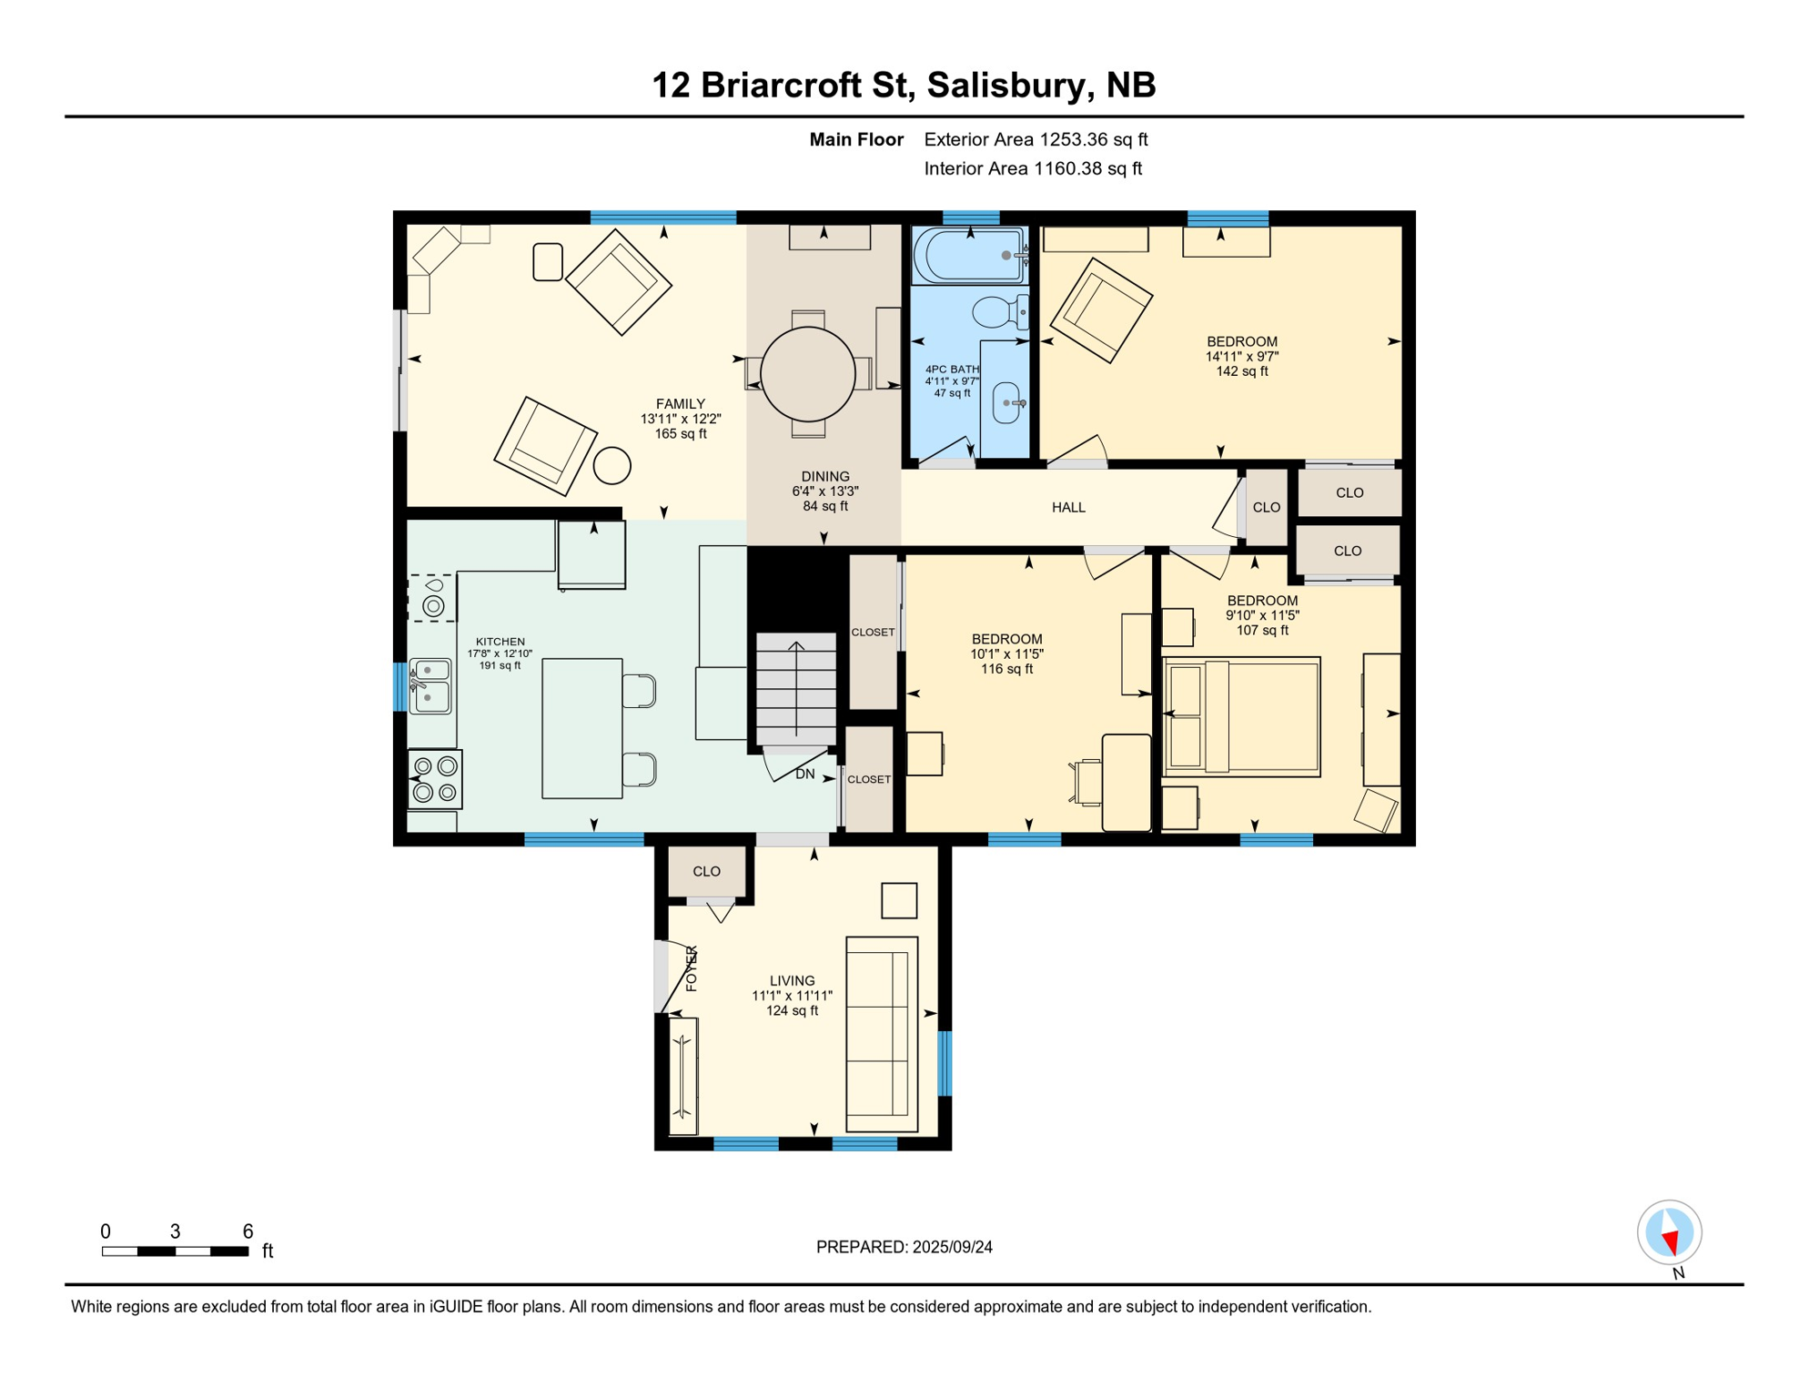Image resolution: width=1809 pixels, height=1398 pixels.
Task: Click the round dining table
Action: (x=807, y=374)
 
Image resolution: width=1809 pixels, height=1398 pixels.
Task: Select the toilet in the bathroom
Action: (x=998, y=312)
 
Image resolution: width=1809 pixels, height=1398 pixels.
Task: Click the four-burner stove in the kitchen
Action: (x=435, y=779)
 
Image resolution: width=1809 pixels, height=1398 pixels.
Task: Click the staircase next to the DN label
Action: (x=796, y=689)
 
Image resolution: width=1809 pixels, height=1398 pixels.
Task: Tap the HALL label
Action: (x=1068, y=508)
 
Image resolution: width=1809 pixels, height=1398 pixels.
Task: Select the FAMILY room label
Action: (x=680, y=404)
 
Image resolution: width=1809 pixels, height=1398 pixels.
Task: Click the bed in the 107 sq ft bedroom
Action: (x=1242, y=717)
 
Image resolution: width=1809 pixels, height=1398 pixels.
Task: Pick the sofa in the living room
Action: (x=881, y=1034)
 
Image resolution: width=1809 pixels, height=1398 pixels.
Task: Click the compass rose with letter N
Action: (x=1669, y=1232)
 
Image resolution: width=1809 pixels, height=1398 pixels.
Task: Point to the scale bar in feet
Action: (x=175, y=1251)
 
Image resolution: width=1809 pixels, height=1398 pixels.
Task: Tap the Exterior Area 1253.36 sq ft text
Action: (x=1036, y=139)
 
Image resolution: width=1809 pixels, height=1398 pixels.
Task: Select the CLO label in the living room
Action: (x=706, y=872)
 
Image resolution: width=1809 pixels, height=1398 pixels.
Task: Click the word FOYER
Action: (x=692, y=968)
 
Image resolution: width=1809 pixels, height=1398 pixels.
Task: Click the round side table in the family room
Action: (x=612, y=466)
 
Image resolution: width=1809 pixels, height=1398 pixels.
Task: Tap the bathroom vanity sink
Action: (x=1006, y=402)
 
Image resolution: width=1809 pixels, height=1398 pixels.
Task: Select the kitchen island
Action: (x=581, y=728)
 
